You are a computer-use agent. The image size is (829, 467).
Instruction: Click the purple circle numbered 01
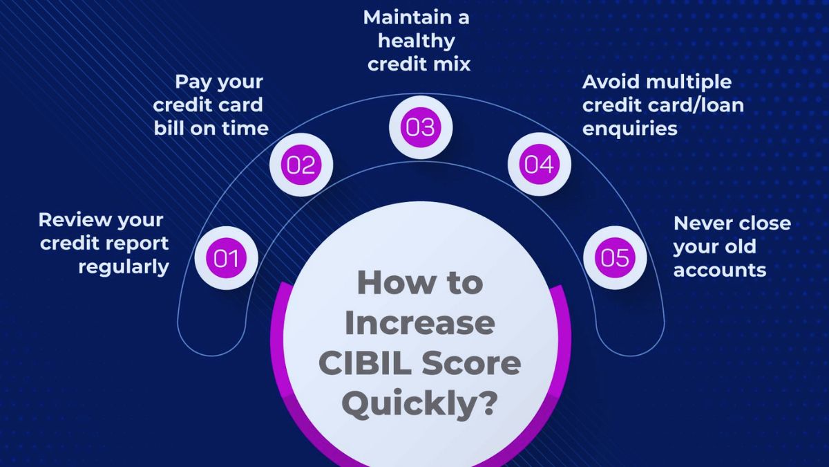coord(226,258)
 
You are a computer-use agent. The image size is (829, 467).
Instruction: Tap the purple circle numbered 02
coord(301,165)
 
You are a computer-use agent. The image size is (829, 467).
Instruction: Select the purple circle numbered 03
coord(421,128)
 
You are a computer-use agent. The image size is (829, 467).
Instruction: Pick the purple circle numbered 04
coord(540,165)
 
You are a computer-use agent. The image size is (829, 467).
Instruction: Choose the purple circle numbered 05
coord(615,258)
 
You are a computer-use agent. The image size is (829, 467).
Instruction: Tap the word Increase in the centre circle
coord(419,323)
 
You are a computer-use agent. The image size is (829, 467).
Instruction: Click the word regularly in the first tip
coord(124,267)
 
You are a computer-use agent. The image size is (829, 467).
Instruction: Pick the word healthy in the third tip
coord(416,41)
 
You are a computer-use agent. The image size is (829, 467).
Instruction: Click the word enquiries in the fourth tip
coord(629,129)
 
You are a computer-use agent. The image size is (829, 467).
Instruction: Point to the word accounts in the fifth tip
coord(720,270)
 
